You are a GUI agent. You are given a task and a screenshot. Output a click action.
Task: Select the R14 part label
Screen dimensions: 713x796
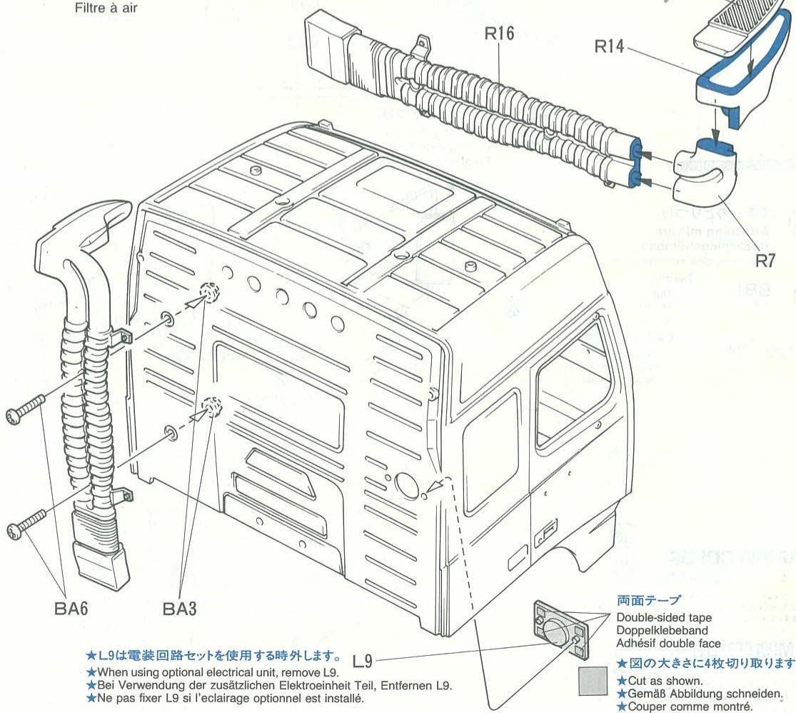click(x=613, y=48)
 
